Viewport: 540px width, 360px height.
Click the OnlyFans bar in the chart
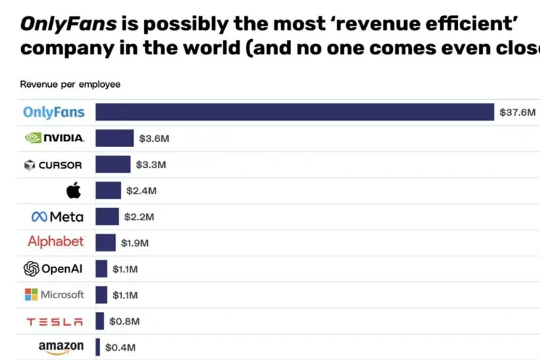click(x=294, y=112)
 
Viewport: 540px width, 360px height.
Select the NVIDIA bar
click(x=114, y=138)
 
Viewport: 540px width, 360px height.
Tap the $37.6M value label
click(x=517, y=112)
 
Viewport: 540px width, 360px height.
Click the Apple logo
click(x=73, y=191)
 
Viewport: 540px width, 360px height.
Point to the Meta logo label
click(x=57, y=217)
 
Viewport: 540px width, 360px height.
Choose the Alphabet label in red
click(x=56, y=242)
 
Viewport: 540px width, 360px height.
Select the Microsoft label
click(x=54, y=295)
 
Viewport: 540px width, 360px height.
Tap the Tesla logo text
click(x=55, y=322)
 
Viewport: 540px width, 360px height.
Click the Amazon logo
click(x=61, y=347)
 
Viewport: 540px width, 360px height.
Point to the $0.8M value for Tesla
click(x=124, y=322)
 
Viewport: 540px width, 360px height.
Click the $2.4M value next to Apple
click(x=141, y=191)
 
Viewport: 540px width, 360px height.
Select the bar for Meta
click(x=107, y=217)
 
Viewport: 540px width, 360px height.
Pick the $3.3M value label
click(x=151, y=164)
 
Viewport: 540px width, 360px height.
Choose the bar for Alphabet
click(x=106, y=243)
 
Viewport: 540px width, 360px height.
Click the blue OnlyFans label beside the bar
click(x=54, y=112)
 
